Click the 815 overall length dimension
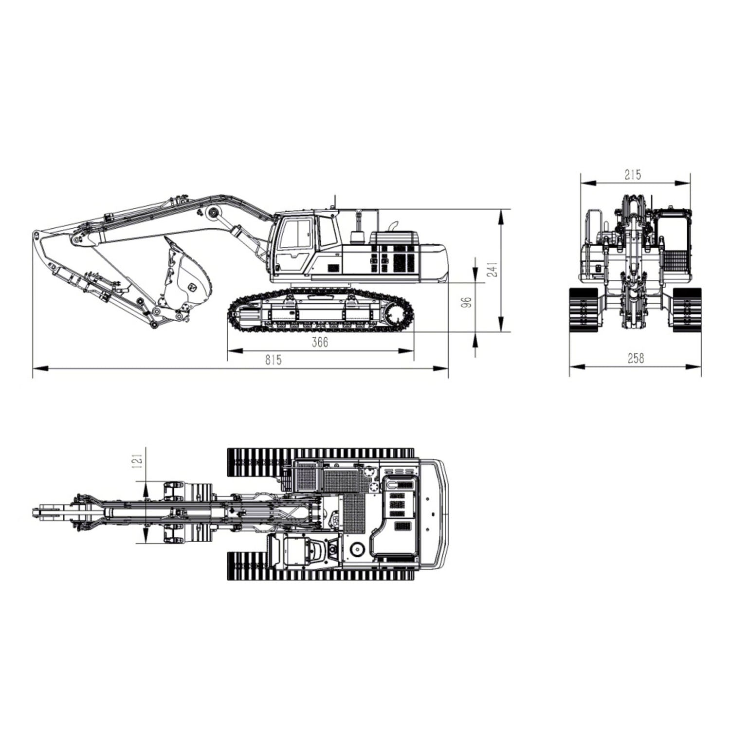[x=273, y=360]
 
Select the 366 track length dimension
[x=320, y=342]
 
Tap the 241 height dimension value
[x=493, y=269]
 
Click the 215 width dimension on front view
[x=633, y=174]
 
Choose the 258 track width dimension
[x=636, y=358]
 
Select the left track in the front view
[x=584, y=310]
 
